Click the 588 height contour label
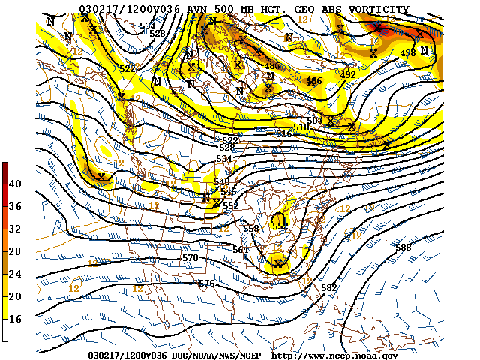[x=403, y=247]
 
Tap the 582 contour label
[x=328, y=287]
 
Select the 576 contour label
[x=206, y=283]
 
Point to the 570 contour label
[x=190, y=258]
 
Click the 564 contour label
[x=240, y=250]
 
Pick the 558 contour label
[x=250, y=228]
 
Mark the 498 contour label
[x=408, y=52]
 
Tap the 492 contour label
[x=348, y=74]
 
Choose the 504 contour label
[x=314, y=120]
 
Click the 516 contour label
[x=284, y=133]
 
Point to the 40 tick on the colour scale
[x=15, y=184]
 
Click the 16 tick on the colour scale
[x=15, y=319]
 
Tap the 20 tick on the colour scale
[x=15, y=296]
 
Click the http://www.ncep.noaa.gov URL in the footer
[x=334, y=355]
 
